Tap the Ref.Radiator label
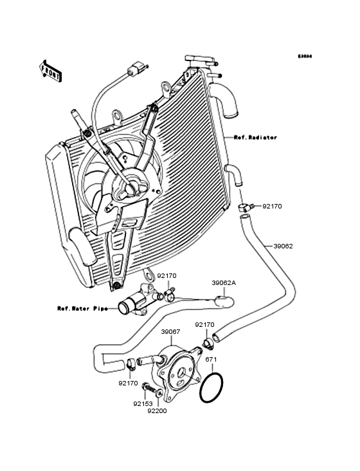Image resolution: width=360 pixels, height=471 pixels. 255,138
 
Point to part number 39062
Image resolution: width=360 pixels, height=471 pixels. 283,246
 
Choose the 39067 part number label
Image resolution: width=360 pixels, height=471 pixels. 170,331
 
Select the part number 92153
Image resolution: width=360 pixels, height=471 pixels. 142,404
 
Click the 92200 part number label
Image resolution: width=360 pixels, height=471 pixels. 157,411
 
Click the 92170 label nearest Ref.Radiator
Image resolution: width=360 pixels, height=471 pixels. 271,206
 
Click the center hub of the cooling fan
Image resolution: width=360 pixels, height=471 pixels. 132,187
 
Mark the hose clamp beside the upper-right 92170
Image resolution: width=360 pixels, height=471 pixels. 245,207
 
